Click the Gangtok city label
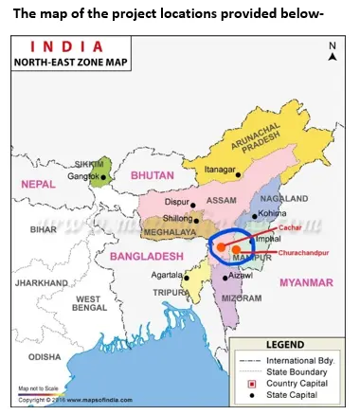[83, 177]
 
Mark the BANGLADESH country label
[145, 256]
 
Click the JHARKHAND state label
[42, 282]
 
